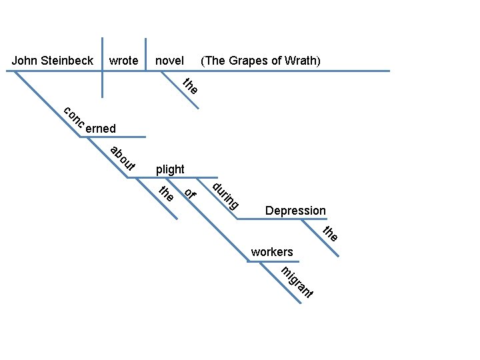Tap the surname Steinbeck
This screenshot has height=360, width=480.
click(67, 61)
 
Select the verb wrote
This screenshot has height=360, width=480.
click(123, 61)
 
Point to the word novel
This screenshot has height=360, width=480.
click(169, 61)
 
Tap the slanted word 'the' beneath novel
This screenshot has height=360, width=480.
click(191, 86)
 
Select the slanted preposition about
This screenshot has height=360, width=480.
click(123, 157)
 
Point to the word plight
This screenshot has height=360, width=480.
click(170, 169)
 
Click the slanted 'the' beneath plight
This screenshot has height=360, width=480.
click(166, 193)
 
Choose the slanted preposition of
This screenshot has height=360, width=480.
click(191, 194)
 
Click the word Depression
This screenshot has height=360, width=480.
click(295, 211)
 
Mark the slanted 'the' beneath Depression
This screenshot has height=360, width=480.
click(331, 233)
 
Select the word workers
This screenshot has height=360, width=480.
click(272, 252)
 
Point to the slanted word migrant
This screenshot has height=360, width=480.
click(297, 282)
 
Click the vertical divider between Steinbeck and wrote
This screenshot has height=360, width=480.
click(103, 67)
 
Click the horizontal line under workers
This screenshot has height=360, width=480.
click(267, 261)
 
